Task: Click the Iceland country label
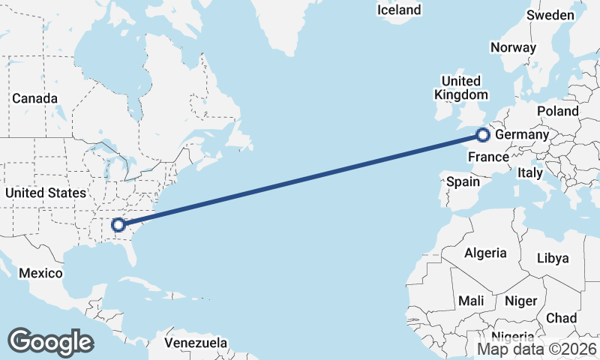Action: click(399, 10)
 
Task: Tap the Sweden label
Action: click(550, 15)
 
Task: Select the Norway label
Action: click(513, 47)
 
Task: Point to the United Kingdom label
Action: click(460, 88)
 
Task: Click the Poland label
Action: click(558, 111)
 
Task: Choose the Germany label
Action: click(523, 134)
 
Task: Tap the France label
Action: click(488, 157)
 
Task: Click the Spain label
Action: click(463, 181)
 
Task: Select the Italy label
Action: click(530, 172)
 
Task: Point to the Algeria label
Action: click(485, 253)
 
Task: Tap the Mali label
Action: click(471, 301)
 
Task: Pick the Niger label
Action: click(521, 301)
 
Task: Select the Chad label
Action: click(561, 318)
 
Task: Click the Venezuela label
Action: click(196, 343)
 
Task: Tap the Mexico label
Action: click(40, 273)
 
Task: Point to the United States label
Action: click(45, 193)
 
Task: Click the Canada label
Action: click(34, 98)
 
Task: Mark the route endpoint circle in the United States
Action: click(118, 224)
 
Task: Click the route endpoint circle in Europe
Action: click(483, 135)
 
